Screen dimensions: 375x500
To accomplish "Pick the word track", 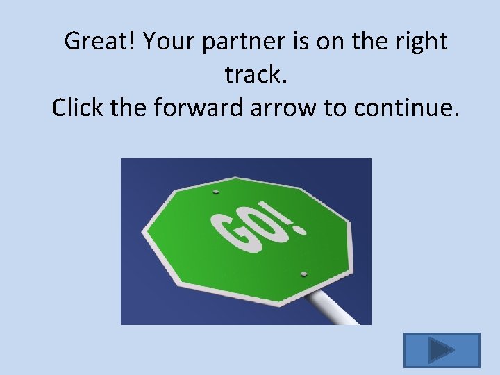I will (x=255, y=75).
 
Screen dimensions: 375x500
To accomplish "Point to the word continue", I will (x=407, y=108).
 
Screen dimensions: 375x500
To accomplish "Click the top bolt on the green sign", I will (x=215, y=192).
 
